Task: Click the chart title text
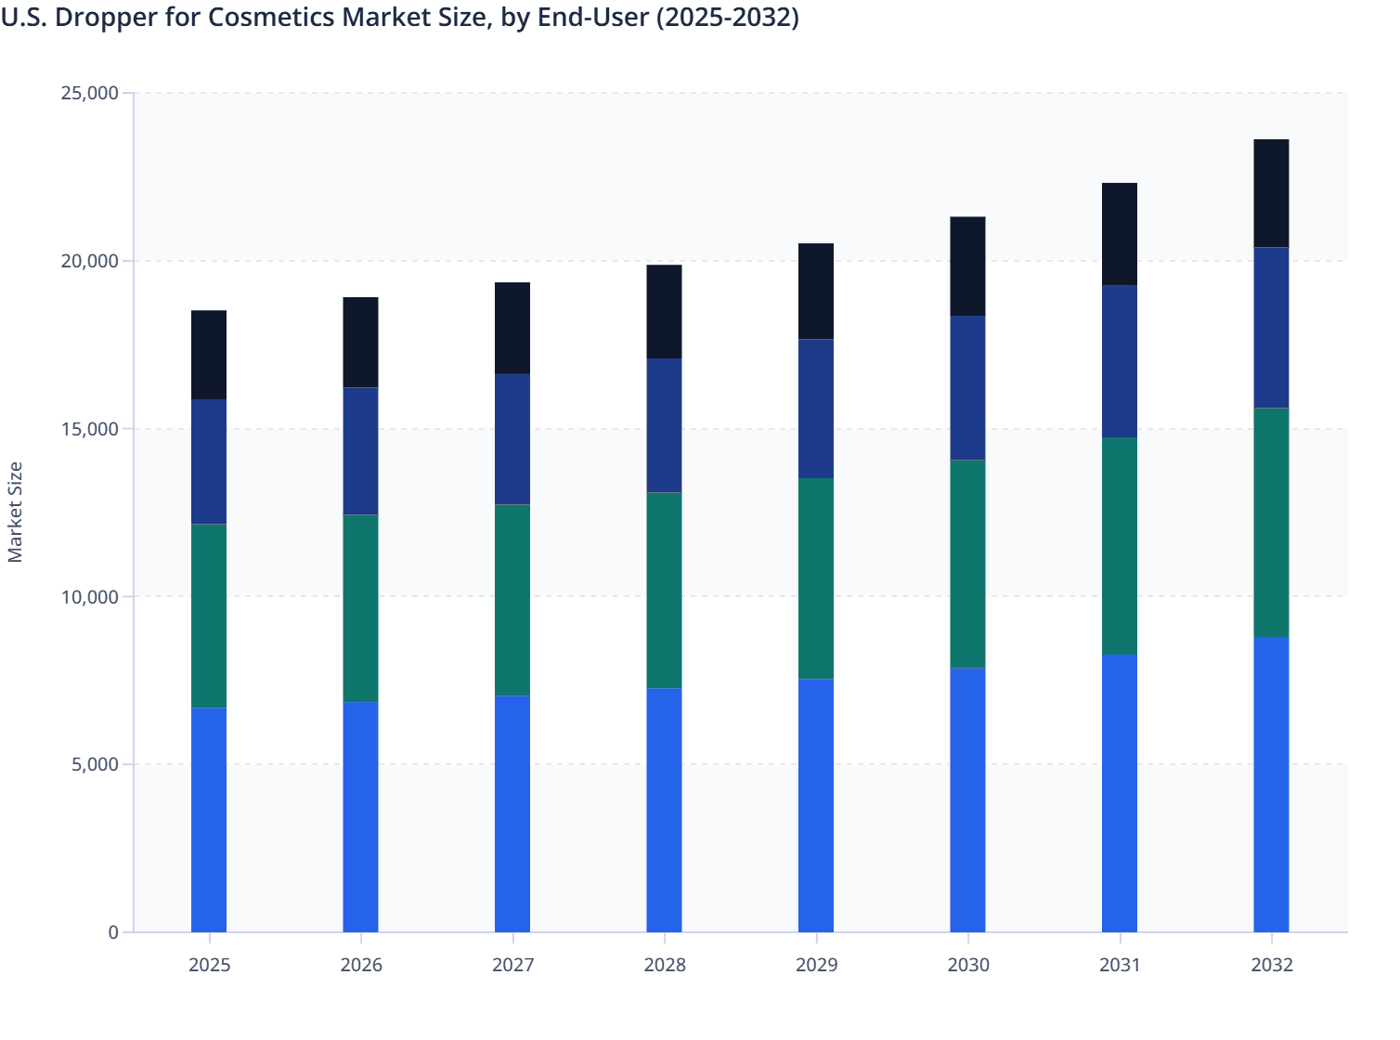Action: [399, 18]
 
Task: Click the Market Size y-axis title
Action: [15, 512]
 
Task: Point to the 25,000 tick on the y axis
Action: [89, 93]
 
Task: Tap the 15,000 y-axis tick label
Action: [89, 429]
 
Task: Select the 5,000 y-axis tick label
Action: [94, 765]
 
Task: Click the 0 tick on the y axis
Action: [112, 932]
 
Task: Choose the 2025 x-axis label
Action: [209, 965]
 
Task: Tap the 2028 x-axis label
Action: [665, 965]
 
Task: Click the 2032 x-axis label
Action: [1271, 965]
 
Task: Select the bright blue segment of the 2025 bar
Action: [209, 820]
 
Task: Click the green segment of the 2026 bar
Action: [360, 608]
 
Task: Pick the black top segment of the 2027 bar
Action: [512, 328]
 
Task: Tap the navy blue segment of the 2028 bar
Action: [664, 425]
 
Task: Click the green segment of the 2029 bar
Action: [816, 578]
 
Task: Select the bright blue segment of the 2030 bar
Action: [967, 799]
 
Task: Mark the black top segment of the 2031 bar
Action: [1120, 234]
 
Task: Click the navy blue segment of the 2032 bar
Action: [1271, 328]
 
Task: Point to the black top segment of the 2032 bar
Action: [1271, 193]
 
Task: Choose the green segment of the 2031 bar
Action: [1120, 546]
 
